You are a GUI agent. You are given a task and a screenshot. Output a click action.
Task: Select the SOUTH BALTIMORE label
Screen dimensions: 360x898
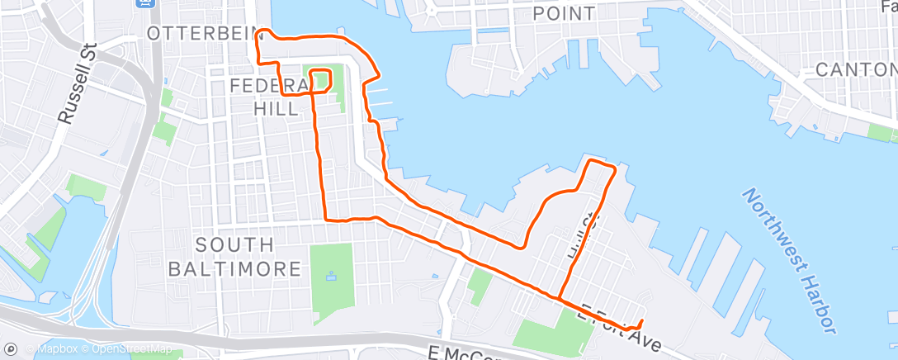(x=234, y=257)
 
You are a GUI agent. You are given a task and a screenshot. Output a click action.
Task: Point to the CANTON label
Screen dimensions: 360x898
(x=855, y=70)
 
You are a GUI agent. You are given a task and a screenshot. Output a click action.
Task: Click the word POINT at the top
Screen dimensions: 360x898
(x=564, y=14)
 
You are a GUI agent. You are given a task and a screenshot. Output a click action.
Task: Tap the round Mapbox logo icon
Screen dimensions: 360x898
(x=10, y=349)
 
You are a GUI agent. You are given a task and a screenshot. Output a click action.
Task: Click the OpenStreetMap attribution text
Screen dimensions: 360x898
(x=131, y=349)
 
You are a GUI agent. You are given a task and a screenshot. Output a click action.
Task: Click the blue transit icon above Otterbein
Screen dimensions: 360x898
(x=145, y=3)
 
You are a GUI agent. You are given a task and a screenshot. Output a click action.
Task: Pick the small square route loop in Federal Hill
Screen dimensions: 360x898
(x=320, y=80)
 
